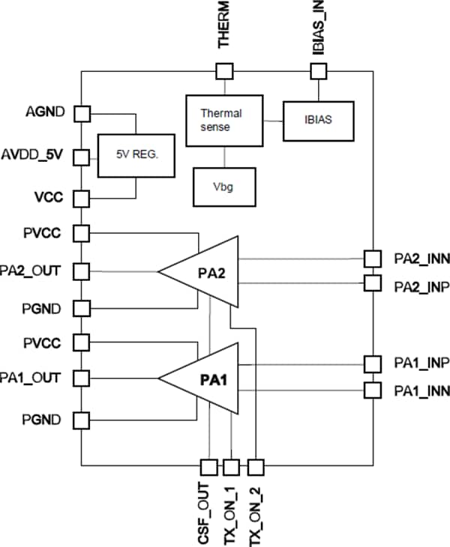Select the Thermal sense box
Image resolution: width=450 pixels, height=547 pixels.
pyautogui.click(x=224, y=120)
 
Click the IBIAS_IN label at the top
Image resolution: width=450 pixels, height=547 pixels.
pyautogui.click(x=319, y=25)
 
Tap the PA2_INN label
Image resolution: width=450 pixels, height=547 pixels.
pyautogui.click(x=421, y=259)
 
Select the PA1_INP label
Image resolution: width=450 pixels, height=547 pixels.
pyautogui.click(x=421, y=363)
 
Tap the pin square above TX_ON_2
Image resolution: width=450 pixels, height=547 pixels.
pyautogui.click(x=256, y=468)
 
